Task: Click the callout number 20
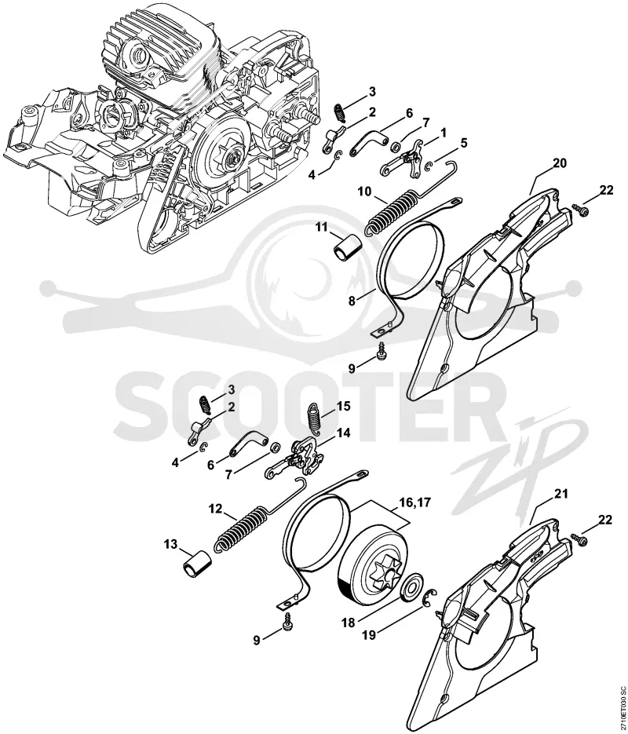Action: tap(559, 163)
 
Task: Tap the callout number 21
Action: tap(561, 494)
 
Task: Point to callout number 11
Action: tap(321, 228)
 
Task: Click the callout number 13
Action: tap(171, 544)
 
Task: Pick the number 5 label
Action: tap(464, 143)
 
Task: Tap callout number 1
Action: tap(444, 133)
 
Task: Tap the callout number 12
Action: tap(215, 508)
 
